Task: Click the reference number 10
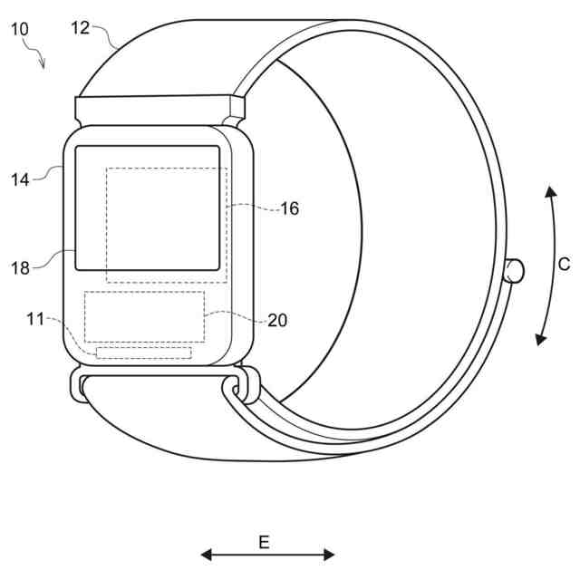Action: coord(20,29)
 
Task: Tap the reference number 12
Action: coord(81,28)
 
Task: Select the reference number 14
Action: coord(20,180)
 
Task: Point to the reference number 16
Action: coord(290,208)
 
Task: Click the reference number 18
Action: coord(20,268)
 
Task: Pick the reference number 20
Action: coord(277,320)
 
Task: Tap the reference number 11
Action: coord(35,319)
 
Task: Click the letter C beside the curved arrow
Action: coord(564,265)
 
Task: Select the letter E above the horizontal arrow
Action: coord(264,543)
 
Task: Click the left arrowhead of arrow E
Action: coord(206,555)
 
